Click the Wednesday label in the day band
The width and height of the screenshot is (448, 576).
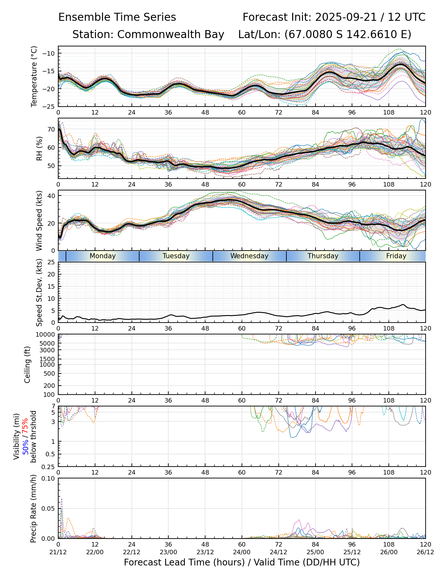coord(249,256)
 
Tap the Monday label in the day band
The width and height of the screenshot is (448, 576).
coord(102,256)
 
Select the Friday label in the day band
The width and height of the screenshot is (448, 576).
coord(396,256)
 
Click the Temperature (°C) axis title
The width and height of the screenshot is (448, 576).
coord(34,76)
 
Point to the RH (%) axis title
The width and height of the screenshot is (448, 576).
coord(39,148)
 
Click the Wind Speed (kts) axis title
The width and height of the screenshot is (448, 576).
coord(39,220)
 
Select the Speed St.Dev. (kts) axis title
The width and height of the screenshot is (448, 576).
coord(39,292)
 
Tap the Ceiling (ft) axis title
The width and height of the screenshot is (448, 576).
coord(28,364)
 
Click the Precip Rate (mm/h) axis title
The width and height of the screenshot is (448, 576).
coord(33,508)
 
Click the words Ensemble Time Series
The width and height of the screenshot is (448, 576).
coord(117,17)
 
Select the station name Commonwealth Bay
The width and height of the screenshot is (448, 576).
coord(171,35)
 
